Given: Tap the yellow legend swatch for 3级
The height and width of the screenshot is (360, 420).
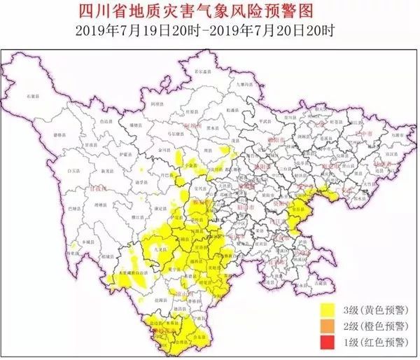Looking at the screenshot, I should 326,309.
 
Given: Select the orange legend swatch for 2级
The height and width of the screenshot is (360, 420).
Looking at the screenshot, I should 326,326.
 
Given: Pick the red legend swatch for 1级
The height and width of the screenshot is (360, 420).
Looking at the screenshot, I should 326,342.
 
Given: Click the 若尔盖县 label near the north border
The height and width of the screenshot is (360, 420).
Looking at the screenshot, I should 203,71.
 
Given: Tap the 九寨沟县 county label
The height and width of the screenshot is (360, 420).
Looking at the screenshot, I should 241,83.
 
